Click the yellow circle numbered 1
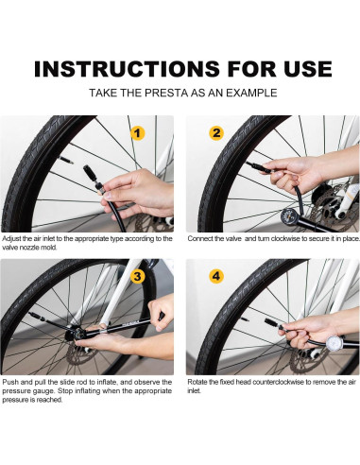point(137,133)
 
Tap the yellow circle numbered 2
point(216,133)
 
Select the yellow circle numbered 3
point(137,277)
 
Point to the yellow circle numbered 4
point(216,276)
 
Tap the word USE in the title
point(307,69)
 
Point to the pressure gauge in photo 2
point(290,216)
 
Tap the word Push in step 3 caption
point(9,382)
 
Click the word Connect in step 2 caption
point(200,239)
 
